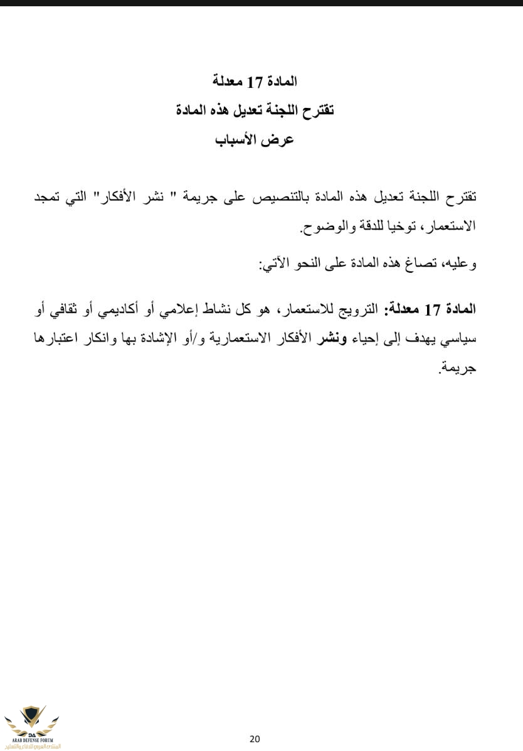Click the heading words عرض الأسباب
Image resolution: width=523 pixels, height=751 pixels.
pos(255,139)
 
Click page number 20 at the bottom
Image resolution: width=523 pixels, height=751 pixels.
pos(255,738)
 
